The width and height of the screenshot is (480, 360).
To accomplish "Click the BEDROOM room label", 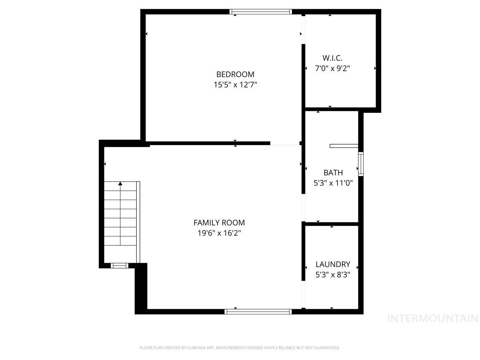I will (x=235, y=74).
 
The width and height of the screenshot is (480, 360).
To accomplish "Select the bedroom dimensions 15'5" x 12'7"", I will (x=235, y=85).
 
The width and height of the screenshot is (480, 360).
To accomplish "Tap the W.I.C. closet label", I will (x=332, y=58).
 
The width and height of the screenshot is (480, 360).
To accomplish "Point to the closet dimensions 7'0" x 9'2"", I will (x=332, y=68).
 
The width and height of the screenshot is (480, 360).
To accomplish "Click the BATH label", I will (x=333, y=173).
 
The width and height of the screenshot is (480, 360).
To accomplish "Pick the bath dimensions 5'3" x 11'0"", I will (x=333, y=183).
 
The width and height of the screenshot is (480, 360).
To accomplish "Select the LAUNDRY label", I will (x=333, y=264).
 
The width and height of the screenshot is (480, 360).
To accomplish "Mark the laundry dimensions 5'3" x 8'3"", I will (x=333, y=275).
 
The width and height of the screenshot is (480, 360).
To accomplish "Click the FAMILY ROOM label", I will (x=219, y=223).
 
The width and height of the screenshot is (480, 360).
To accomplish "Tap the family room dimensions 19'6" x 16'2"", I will (x=219, y=233).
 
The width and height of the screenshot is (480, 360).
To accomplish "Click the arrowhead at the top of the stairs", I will (x=120, y=184).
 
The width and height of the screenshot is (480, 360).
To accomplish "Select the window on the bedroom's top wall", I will (x=261, y=12).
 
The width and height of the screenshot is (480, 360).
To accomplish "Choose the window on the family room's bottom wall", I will (x=258, y=311).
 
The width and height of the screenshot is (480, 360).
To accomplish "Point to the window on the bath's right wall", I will (x=361, y=164).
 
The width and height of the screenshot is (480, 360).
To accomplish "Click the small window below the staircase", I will (x=120, y=265).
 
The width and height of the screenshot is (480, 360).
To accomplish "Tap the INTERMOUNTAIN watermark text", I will (x=433, y=318).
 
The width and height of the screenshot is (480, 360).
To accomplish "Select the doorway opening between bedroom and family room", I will (x=285, y=143).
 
